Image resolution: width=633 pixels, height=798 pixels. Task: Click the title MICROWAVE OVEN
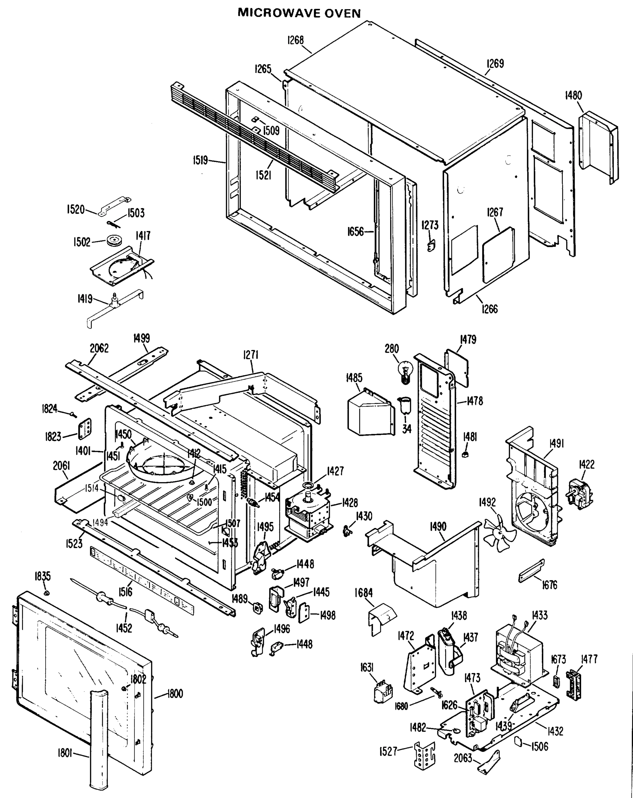(x=299, y=13)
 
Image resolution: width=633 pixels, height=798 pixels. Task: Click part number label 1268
(x=295, y=40)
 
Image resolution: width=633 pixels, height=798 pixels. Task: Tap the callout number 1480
(x=573, y=95)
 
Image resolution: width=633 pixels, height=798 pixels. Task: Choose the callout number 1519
(x=200, y=160)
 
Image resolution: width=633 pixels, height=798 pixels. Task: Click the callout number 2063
(x=463, y=758)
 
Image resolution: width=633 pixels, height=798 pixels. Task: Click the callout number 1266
(x=489, y=309)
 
